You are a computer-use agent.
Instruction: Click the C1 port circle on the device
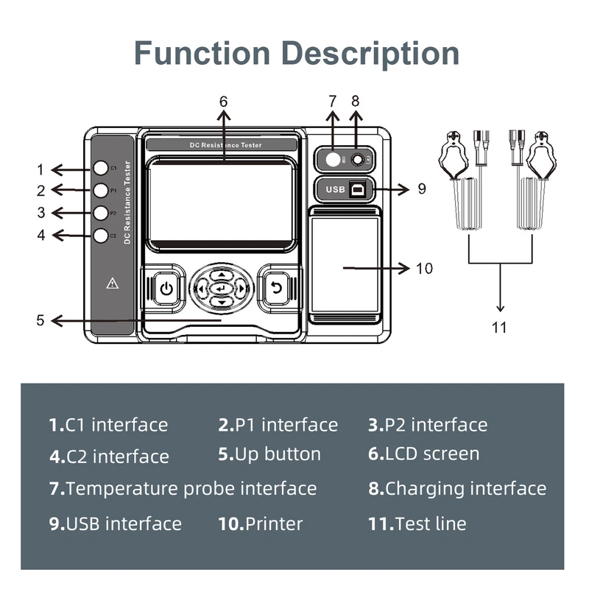click(101, 168)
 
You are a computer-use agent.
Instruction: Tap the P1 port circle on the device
click(101, 190)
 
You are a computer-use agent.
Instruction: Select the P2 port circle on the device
click(101, 213)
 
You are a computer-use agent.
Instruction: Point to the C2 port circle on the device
click(101, 236)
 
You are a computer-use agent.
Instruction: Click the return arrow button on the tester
click(276, 288)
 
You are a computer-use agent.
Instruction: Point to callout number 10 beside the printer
click(424, 268)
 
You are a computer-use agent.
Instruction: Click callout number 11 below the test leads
click(500, 328)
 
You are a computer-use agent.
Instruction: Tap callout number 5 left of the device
click(40, 320)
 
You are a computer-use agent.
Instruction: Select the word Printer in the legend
click(274, 524)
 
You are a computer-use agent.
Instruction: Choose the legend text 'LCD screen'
click(432, 454)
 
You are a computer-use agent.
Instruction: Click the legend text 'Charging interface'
click(465, 488)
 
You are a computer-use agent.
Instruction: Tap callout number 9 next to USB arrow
click(422, 188)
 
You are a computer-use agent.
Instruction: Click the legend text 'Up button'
click(278, 454)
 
